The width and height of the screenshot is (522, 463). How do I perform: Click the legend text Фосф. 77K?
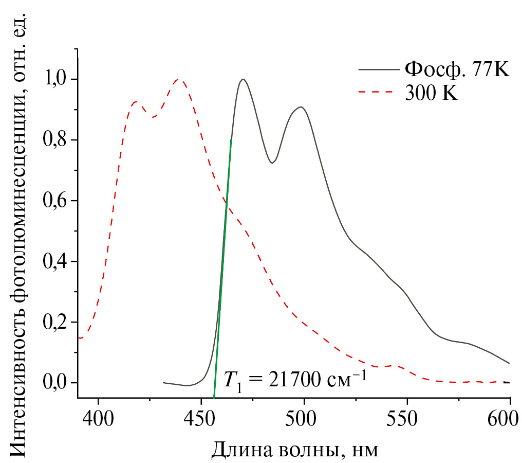(457, 68)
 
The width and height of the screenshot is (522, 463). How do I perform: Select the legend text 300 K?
(431, 93)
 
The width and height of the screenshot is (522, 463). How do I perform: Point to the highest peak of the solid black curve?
(243, 79)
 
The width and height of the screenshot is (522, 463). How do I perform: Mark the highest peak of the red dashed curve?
(179, 80)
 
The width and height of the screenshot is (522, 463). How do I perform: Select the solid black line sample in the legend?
(379, 68)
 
